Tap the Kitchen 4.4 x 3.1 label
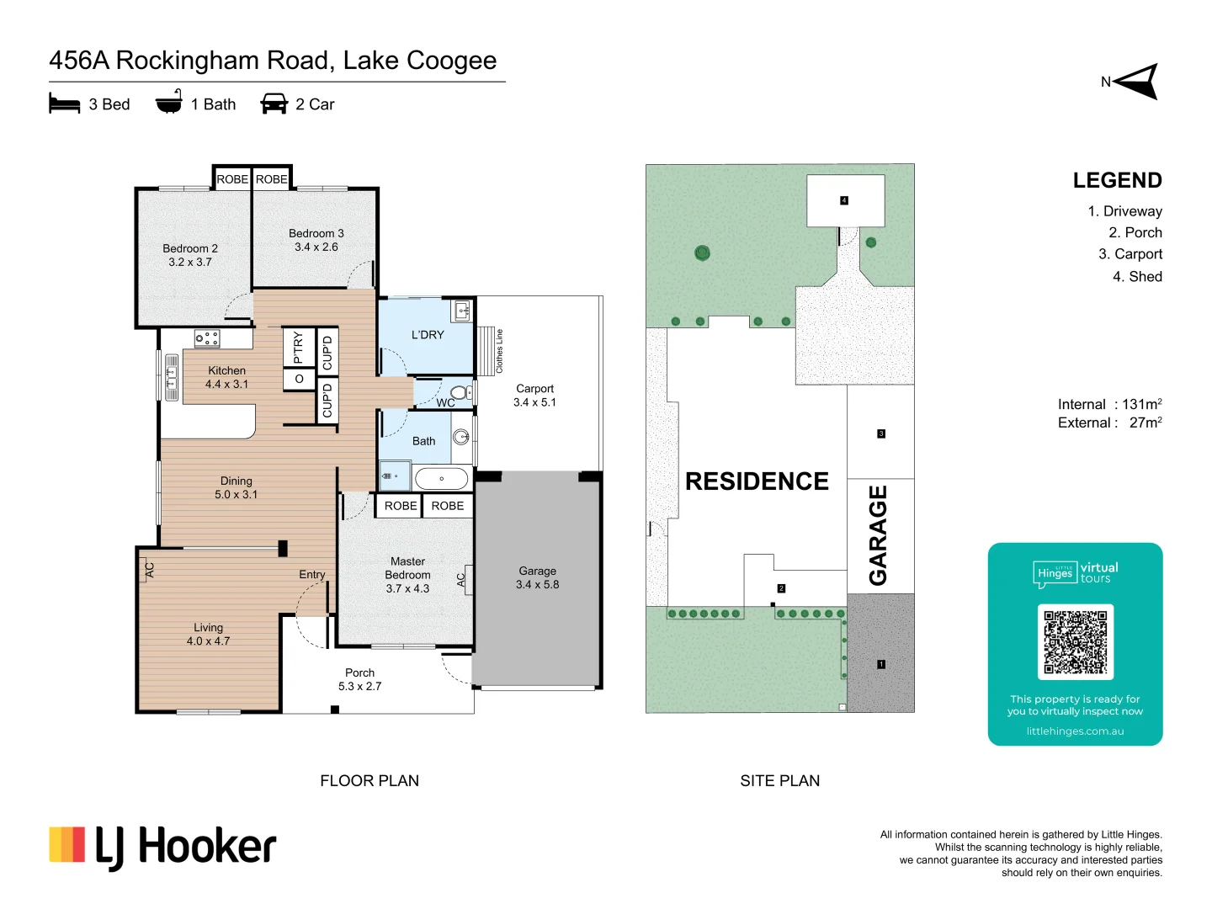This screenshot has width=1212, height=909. (226, 377)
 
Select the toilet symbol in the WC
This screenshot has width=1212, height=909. (460, 392)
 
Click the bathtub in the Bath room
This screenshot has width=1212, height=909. (441, 479)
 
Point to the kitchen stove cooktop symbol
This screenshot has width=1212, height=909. (206, 338)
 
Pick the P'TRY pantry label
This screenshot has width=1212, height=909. (298, 347)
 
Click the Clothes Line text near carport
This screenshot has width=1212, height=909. (499, 351)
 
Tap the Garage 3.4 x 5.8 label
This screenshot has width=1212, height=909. (537, 577)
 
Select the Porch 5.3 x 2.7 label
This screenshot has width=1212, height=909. (359, 679)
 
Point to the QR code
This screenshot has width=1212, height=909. (1075, 641)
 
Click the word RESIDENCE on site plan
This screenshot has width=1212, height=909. (757, 481)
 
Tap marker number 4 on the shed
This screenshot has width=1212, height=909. (844, 200)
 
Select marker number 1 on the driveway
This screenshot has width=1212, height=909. (881, 664)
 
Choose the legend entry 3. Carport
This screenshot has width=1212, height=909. (1130, 254)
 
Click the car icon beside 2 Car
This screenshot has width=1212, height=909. (274, 104)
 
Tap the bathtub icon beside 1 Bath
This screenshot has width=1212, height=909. (169, 103)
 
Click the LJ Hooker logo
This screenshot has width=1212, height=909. (162, 846)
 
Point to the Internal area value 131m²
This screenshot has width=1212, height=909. (1141, 405)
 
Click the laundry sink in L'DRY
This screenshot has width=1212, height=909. (462, 311)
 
